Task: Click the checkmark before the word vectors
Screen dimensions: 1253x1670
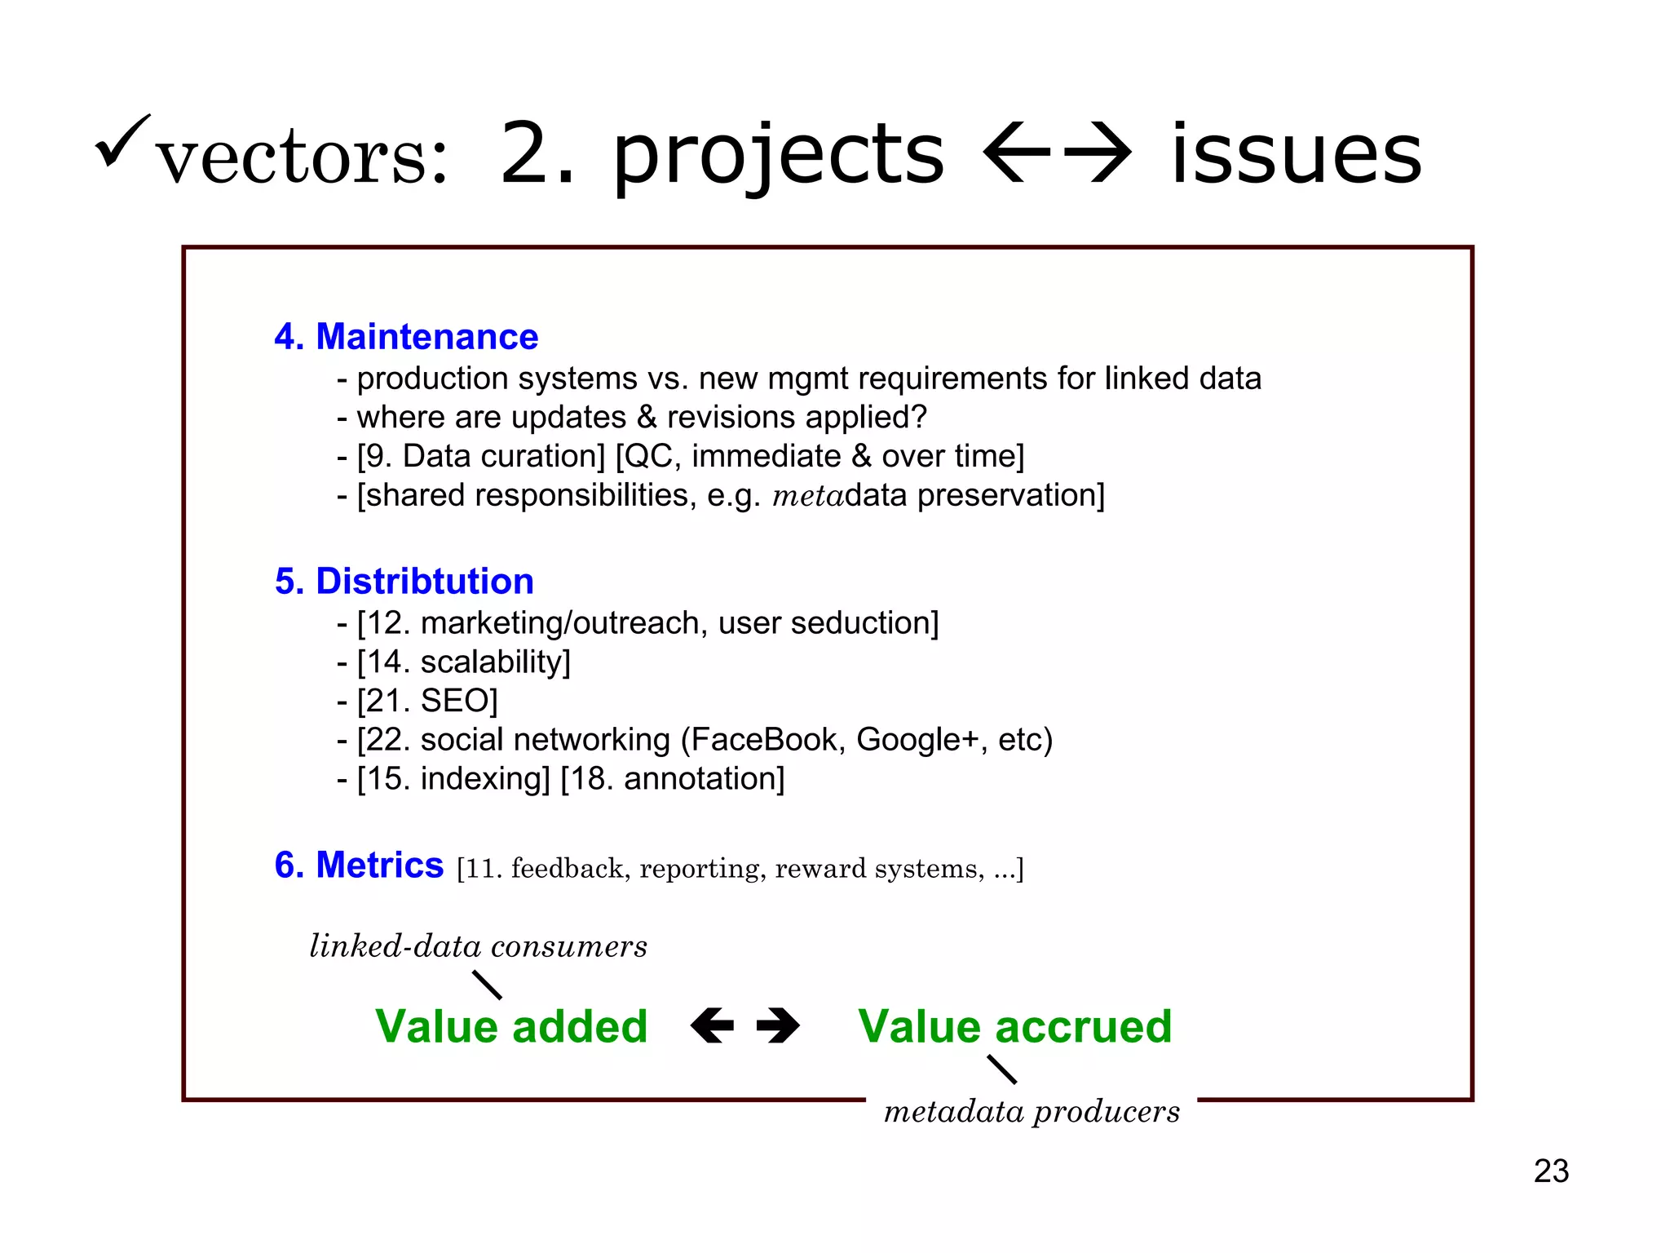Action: point(121,141)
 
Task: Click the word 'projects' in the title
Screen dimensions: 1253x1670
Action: point(778,155)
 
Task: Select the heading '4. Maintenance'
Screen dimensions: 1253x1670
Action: point(406,337)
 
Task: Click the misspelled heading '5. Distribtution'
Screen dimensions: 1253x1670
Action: point(404,582)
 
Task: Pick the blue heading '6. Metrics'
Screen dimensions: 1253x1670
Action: point(359,865)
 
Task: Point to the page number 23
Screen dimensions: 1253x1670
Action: point(1551,1171)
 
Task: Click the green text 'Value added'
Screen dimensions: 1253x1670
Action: point(511,1026)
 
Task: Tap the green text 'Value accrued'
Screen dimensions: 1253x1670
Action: point(1014,1026)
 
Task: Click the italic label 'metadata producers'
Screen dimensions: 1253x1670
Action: point(1032,1112)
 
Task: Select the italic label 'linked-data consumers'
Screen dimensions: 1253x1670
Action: point(479,946)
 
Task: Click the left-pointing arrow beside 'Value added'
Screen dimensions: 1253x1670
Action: point(712,1025)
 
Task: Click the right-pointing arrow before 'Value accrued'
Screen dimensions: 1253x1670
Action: point(778,1025)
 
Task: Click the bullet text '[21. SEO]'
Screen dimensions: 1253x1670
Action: point(426,701)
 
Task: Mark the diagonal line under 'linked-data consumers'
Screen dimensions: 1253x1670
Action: point(488,985)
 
